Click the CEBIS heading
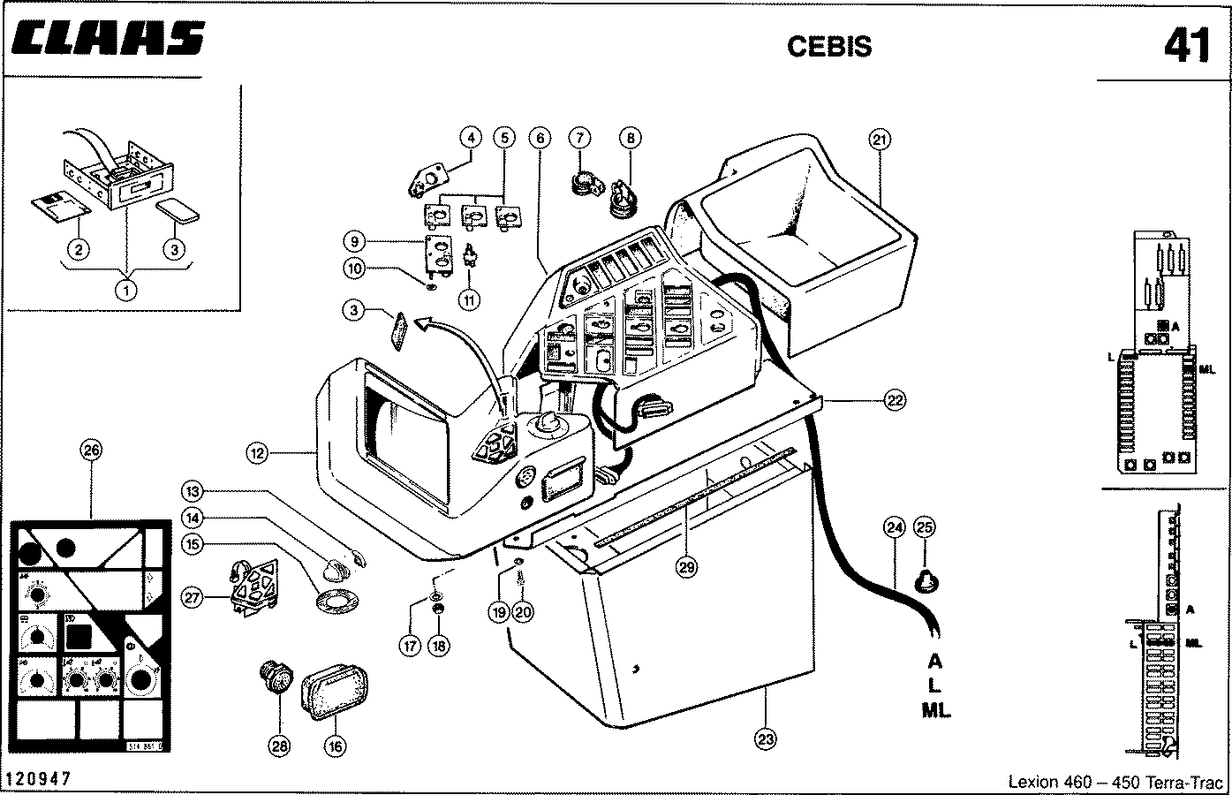[828, 47]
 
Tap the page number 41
[1186, 45]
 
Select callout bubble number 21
[880, 139]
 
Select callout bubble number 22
[895, 400]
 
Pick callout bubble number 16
[335, 746]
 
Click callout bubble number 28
[279, 746]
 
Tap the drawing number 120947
[38, 778]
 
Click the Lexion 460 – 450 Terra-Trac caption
[1115, 782]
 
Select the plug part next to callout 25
[926, 581]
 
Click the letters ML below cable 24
[936, 709]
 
